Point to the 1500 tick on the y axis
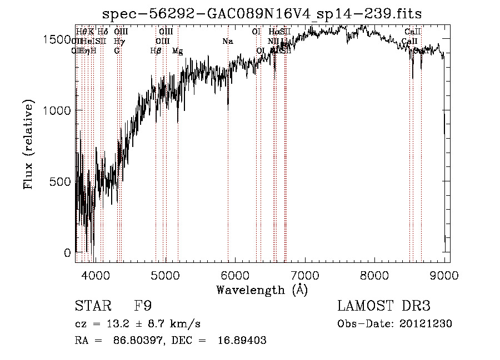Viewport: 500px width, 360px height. tap(58, 39)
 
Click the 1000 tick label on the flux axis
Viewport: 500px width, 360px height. tap(58, 110)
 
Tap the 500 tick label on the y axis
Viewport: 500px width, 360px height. tap(62, 182)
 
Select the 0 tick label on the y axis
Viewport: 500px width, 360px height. tap(68, 253)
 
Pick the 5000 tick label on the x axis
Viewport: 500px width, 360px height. tap(166, 274)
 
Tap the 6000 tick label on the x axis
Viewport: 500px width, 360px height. tap(236, 274)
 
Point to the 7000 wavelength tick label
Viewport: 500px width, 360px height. tap(306, 274)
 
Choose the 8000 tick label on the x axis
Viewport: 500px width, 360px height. tap(376, 274)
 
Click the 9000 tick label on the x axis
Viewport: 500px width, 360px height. tap(445, 274)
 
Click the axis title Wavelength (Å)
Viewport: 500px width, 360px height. tap(262, 290)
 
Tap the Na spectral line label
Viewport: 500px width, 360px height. tap(227, 41)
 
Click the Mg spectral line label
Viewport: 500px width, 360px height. tap(178, 51)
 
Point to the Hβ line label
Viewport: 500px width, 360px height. tap(156, 51)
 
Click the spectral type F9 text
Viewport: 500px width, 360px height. tap(143, 306)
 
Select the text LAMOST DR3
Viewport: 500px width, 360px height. tap(383, 306)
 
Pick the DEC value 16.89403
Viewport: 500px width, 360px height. tap(242, 341)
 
